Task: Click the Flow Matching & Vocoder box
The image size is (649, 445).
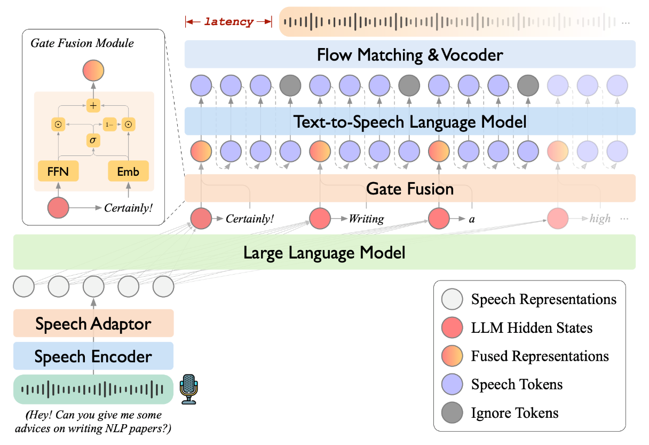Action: coord(410,54)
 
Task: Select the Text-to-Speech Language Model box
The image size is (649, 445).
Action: coord(410,121)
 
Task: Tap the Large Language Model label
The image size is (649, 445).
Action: coord(324,253)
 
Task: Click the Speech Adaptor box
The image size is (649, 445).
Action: coord(93,323)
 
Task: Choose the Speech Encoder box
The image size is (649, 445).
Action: coord(93,356)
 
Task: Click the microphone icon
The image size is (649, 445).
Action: coord(189,389)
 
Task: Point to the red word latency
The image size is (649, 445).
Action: coord(229,22)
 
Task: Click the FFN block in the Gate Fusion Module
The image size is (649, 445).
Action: coord(58,171)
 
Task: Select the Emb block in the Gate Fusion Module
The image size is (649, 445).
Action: coord(128,171)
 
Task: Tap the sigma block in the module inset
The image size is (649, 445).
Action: coord(93,140)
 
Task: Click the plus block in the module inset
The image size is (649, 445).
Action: coord(93,105)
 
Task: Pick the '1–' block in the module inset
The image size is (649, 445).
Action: coord(109,124)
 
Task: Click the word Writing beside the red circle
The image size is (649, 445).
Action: coord(367,219)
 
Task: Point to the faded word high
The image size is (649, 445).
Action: coord(600,218)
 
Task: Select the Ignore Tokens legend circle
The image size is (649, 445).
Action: coord(452,412)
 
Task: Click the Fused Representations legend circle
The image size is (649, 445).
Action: coord(452,356)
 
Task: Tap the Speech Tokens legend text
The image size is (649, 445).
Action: coord(517,385)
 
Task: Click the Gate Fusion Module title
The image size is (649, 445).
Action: coord(82,43)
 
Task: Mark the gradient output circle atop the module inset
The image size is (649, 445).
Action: coord(93,71)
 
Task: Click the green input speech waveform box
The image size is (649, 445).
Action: coord(93,389)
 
